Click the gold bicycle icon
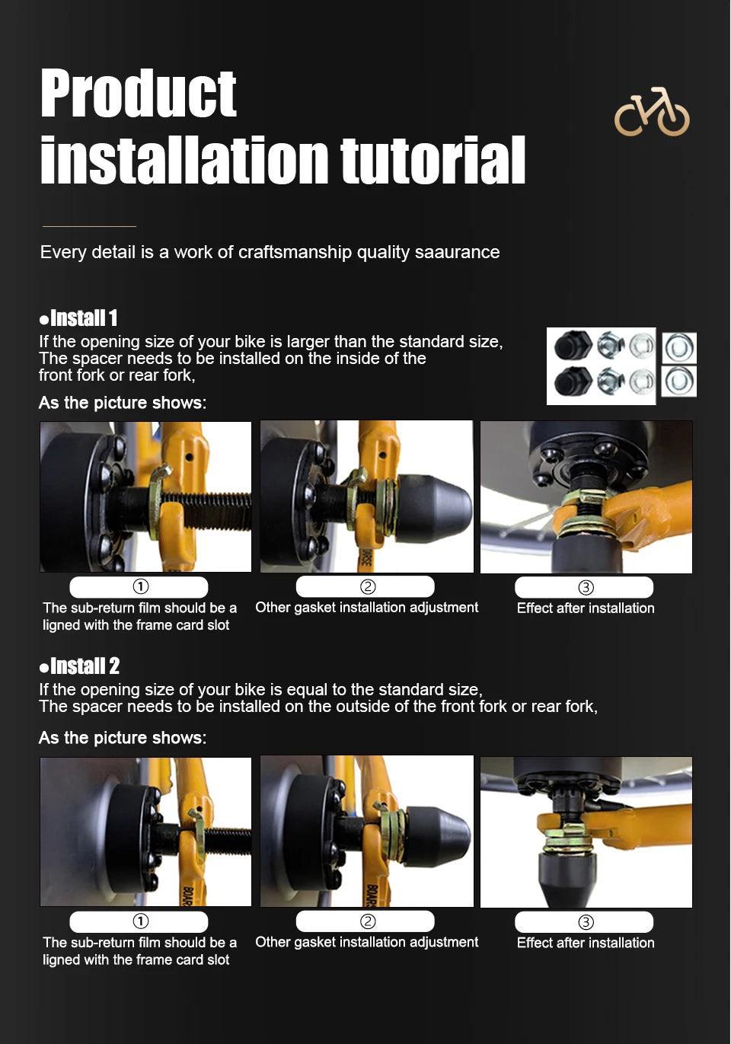pyautogui.click(x=652, y=112)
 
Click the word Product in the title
pyautogui.click(x=139, y=93)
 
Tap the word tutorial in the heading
pyautogui.click(x=433, y=159)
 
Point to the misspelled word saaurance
pyautogui.click(x=457, y=252)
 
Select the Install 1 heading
pyautogui.click(x=78, y=318)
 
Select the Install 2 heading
pyautogui.click(x=79, y=666)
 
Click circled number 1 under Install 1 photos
pyautogui.click(x=141, y=587)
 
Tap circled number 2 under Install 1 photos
pyautogui.click(x=368, y=586)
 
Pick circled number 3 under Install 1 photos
pyautogui.click(x=586, y=587)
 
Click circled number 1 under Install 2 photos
pyautogui.click(x=141, y=921)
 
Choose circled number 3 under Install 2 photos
pyautogui.click(x=586, y=922)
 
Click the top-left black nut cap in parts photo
pyautogui.click(x=573, y=346)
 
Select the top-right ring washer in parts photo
pyautogui.click(x=680, y=348)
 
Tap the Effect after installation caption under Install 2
pyautogui.click(x=586, y=943)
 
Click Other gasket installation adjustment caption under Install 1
pyautogui.click(x=367, y=608)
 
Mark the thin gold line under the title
pyautogui.click(x=90, y=226)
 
